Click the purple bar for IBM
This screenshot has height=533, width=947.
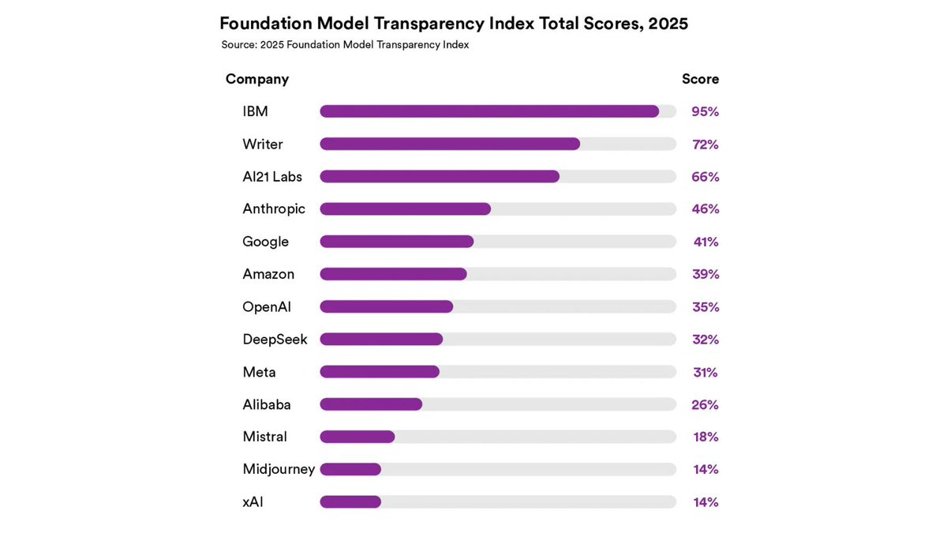tap(489, 111)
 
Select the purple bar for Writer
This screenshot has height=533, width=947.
tap(450, 144)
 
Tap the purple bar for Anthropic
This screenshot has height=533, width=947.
tap(405, 209)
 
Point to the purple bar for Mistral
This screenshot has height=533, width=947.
tap(357, 437)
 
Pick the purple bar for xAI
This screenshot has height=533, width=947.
tap(350, 502)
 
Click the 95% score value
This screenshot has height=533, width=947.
tap(705, 112)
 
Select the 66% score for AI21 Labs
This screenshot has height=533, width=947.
tap(705, 177)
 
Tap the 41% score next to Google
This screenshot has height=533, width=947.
tap(706, 242)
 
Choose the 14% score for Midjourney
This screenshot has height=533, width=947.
tap(706, 469)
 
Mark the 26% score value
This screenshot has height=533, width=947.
tap(705, 404)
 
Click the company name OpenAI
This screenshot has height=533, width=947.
tap(267, 306)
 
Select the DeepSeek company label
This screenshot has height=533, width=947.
tap(275, 340)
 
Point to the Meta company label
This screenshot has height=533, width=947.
tap(259, 372)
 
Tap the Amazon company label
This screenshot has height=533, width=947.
tap(268, 274)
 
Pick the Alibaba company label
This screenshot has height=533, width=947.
tap(267, 404)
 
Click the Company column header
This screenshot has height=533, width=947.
tap(257, 79)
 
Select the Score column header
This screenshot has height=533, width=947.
tap(700, 79)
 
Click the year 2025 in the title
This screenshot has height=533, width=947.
tap(668, 24)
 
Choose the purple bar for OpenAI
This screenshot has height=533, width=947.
tap(386, 306)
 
